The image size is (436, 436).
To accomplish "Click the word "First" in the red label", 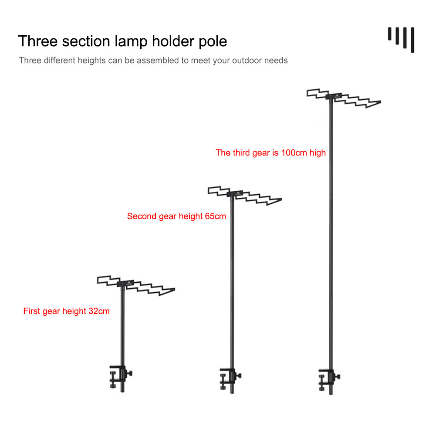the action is coord(32,311).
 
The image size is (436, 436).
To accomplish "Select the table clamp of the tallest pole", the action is coord(329,379).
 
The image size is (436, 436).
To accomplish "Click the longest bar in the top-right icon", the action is coord(412,40).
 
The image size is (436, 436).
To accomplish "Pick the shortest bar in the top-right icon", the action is coord(389,34).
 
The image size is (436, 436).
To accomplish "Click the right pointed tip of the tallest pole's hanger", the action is coord(380,102).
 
